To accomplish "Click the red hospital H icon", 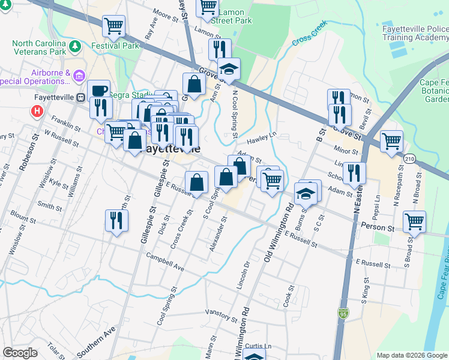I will click(37, 111).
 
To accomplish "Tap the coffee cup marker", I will click(99, 91).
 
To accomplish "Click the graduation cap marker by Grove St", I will click(229, 70).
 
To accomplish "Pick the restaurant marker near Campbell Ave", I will click(115, 220).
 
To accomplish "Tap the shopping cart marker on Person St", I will click(414, 222).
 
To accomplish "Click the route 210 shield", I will click(409, 158).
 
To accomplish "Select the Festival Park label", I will click(115, 45).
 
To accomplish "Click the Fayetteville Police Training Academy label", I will click(415, 32).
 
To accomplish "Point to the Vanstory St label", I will click(221, 313).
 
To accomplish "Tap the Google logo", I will click(20, 353).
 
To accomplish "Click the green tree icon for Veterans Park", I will click(74, 46).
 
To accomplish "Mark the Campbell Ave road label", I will click(165, 262).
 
